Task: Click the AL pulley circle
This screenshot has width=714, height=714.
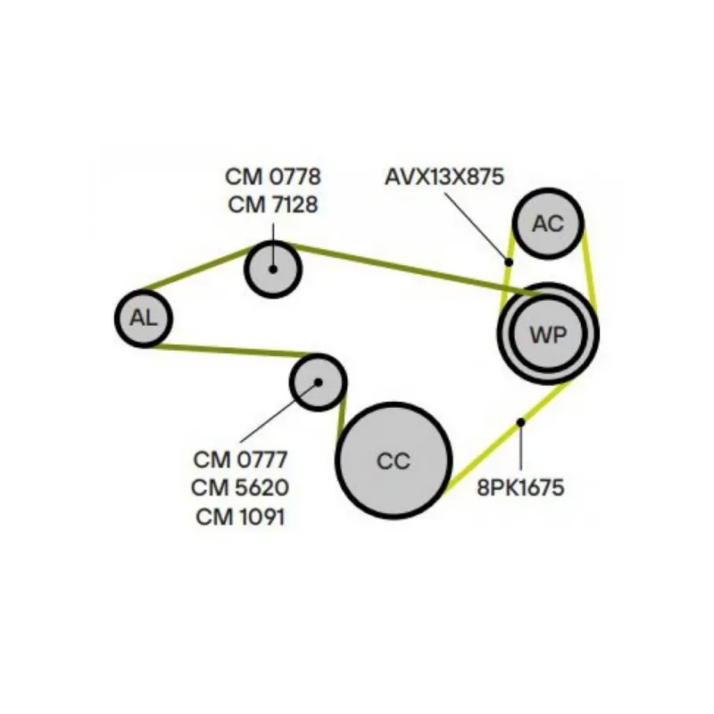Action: coord(143,317)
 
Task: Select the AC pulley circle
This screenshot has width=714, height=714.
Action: coord(548,223)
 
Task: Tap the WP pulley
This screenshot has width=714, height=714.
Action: coord(548,335)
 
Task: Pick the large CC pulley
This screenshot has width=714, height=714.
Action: coord(394,461)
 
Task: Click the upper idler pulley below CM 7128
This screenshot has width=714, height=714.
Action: coord(273,268)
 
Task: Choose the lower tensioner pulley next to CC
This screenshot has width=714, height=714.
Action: coord(318,382)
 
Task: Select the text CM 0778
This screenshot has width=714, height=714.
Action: coord(273,176)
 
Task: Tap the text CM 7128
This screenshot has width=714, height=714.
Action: coord(273,204)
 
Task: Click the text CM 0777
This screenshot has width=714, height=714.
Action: coord(240,460)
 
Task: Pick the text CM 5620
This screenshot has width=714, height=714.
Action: coord(240,487)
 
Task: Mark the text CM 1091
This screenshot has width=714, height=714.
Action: coord(240,515)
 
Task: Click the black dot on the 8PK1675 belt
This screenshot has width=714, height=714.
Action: coord(520,422)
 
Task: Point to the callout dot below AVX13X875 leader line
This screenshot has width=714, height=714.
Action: coord(508,262)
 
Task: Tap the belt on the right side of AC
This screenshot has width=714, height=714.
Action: coord(589,268)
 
